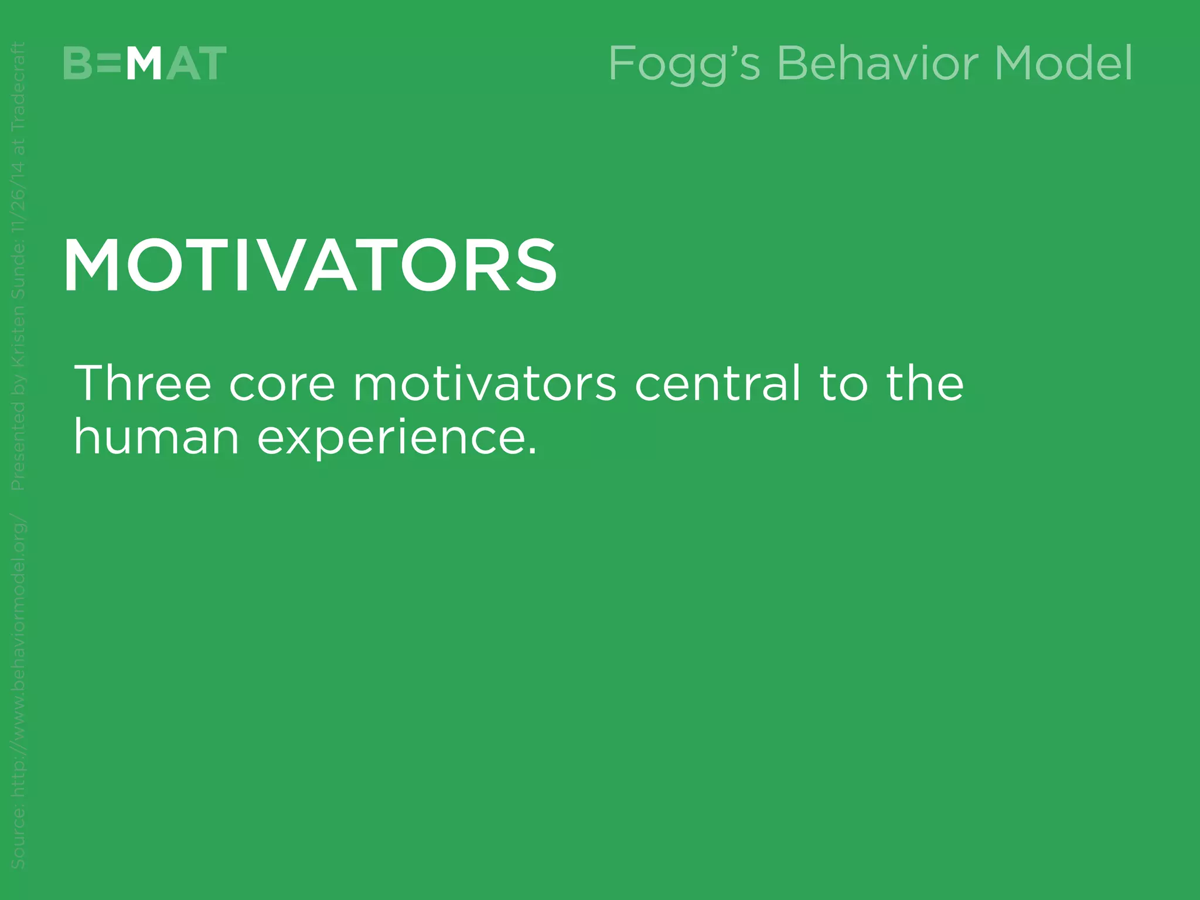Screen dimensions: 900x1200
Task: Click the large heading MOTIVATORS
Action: [x=311, y=266]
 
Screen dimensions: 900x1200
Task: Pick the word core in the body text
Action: [x=282, y=383]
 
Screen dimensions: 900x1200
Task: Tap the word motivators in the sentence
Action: [x=485, y=383]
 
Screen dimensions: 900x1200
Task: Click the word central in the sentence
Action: [x=718, y=383]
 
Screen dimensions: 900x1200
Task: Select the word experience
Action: [x=390, y=438]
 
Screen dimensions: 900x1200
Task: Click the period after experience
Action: [x=532, y=451]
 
